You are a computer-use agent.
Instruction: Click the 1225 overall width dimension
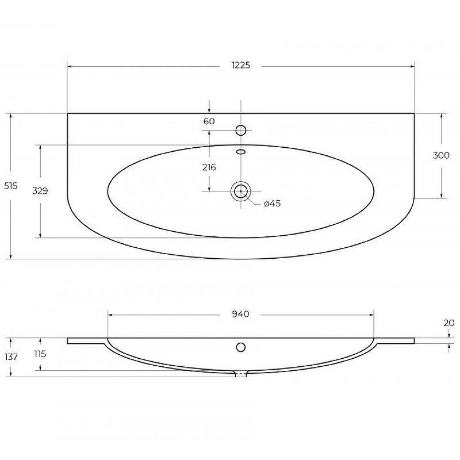pyautogui.click(x=240, y=65)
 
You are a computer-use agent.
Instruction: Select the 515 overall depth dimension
pyautogui.click(x=10, y=186)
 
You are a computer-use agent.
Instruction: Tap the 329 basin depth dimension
pyautogui.click(x=40, y=191)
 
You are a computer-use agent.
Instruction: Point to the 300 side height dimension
pyautogui.click(x=441, y=155)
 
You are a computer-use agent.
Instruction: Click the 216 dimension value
pyautogui.click(x=209, y=167)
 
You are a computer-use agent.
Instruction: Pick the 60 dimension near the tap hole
pyautogui.click(x=209, y=121)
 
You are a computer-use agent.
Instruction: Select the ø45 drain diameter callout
pyautogui.click(x=272, y=204)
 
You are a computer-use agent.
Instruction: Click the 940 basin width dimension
pyautogui.click(x=240, y=314)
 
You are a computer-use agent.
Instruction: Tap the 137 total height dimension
pyautogui.click(x=11, y=356)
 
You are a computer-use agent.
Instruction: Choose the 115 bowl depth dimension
pyautogui.click(x=40, y=354)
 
